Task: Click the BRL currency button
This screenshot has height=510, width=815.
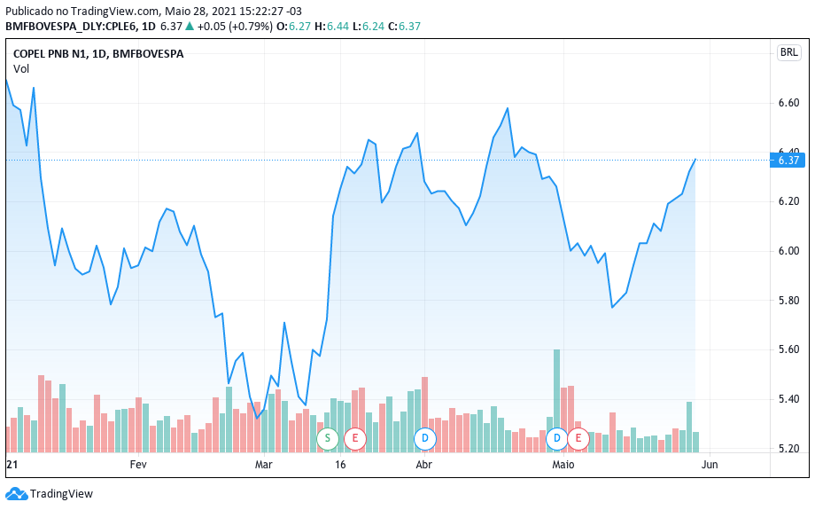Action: pos(788,52)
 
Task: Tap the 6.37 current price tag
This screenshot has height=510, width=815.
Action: pos(788,161)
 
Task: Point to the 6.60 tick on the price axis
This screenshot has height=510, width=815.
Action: pos(788,103)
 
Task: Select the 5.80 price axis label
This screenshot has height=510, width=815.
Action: pos(788,301)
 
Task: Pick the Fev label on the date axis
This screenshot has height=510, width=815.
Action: pos(138,465)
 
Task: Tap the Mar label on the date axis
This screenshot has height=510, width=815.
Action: pos(265,465)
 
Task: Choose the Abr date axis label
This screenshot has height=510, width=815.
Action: pos(423,465)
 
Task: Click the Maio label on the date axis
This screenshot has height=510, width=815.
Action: pos(563,465)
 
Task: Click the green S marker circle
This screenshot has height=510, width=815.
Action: pos(328,438)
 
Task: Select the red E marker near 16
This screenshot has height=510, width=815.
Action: pos(355,438)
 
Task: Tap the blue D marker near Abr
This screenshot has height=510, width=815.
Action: pos(426,438)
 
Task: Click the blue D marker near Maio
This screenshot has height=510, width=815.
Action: pos(557,438)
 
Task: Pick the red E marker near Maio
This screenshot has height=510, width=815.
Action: pos(579,438)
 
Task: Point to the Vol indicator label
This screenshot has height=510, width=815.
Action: pos(21,68)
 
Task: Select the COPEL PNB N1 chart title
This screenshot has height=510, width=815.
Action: pos(98,54)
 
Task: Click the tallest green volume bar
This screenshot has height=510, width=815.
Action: pos(557,390)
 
